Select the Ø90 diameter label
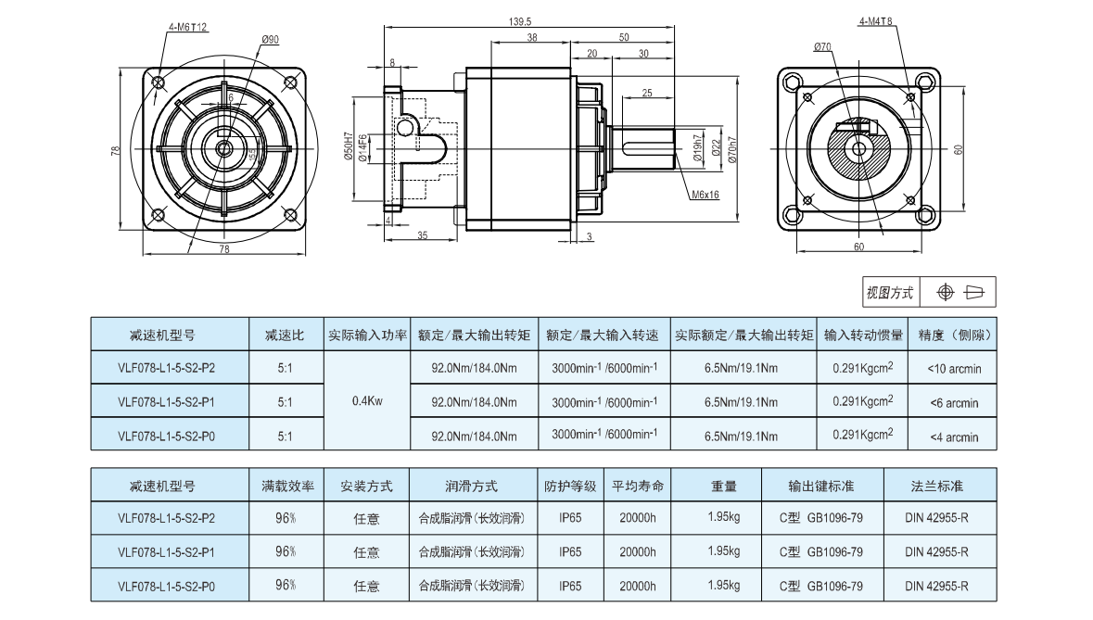click(x=271, y=39)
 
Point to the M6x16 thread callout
click(x=705, y=195)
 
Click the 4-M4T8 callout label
click(x=875, y=21)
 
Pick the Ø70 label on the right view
click(x=821, y=45)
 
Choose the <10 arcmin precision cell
click(x=954, y=369)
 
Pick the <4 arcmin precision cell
click(x=954, y=437)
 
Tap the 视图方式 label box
click(x=889, y=293)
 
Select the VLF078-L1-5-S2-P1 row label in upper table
click(x=167, y=402)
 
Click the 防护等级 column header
click(x=570, y=486)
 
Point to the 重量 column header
click(x=723, y=486)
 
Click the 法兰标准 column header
click(x=936, y=486)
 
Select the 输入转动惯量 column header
click(x=864, y=335)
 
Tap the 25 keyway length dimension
click(x=647, y=93)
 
